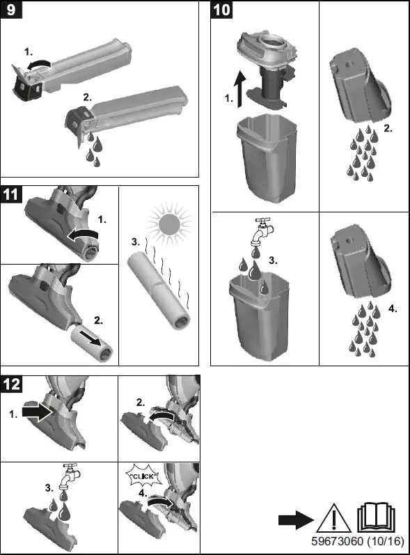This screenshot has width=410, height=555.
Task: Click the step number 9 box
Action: coord(11,10)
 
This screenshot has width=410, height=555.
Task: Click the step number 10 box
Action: coord(222,10)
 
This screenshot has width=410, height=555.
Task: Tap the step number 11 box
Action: coord(11,194)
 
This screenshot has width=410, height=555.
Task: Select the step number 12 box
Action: coord(11,384)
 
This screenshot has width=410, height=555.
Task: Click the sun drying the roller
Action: coord(169,224)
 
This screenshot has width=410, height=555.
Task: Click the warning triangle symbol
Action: coord(333,519)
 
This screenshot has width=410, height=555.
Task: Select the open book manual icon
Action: coord(376,517)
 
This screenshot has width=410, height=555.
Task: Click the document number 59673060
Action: coord(337,541)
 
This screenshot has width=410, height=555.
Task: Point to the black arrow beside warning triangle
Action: coord(296,520)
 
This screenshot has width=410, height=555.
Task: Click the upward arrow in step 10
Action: coord(241,89)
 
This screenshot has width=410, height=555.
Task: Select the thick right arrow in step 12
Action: coord(38,412)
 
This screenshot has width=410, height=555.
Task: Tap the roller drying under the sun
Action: coord(159,290)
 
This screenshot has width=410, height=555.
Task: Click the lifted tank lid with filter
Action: coord(267,68)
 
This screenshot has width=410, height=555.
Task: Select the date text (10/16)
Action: coord(385,541)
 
